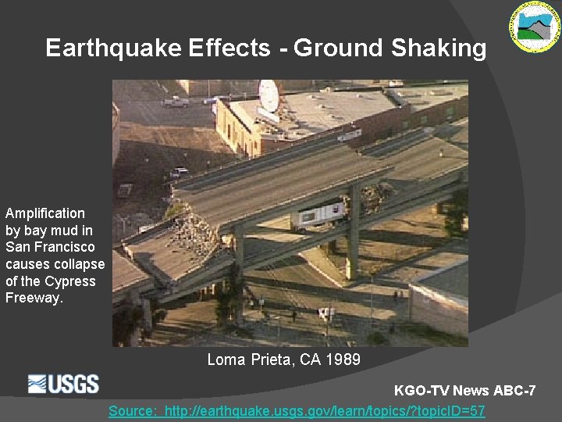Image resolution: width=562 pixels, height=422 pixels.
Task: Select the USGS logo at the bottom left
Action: pos(64,384)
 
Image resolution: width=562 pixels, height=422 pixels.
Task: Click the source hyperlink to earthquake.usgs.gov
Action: pos(297,410)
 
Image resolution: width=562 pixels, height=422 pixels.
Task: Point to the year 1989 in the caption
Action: pos(343,359)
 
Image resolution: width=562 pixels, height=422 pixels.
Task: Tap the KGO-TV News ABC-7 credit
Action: pos(465,390)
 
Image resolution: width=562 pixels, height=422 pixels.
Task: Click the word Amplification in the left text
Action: pos(45,213)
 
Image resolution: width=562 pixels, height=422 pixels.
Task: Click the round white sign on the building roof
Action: pos(269,95)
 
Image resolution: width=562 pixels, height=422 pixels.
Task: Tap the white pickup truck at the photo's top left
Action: pos(176,102)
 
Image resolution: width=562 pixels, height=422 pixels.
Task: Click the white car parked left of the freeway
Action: pos(179,172)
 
